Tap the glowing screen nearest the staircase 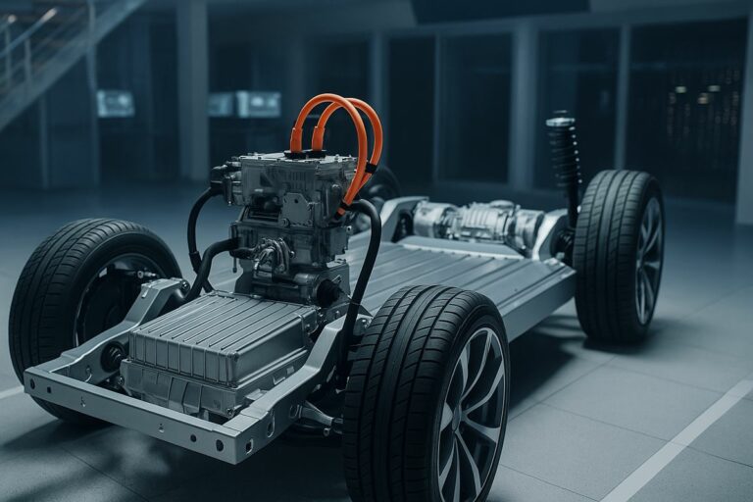pyautogui.click(x=116, y=102)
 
